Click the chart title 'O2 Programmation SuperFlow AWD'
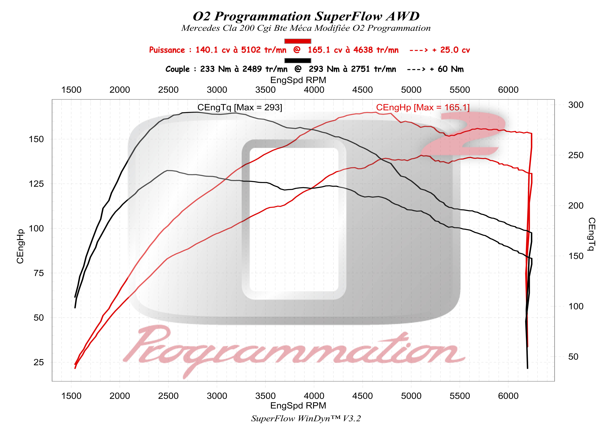[306, 17]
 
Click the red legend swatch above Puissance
[297, 41]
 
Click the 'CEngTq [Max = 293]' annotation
[239, 107]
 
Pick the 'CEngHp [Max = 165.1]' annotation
[423, 107]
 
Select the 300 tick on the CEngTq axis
[576, 105]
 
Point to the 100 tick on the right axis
[576, 306]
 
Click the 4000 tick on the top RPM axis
[314, 90]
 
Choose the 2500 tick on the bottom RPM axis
[168, 396]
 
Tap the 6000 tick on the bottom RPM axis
[508, 396]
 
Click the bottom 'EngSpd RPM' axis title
[298, 406]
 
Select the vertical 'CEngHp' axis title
[20, 246]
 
